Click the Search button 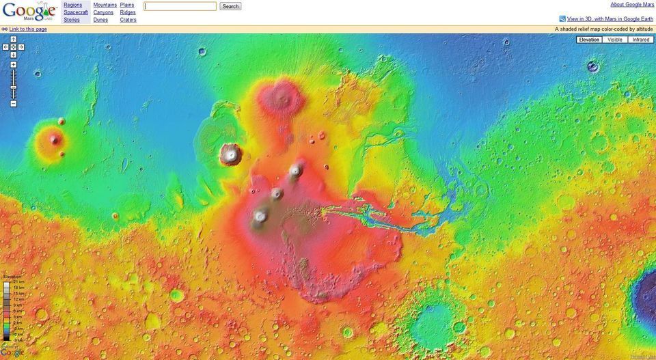[230, 6]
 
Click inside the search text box [180, 6]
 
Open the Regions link [72, 5]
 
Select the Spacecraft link [75, 12]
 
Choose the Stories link [72, 20]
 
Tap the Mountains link [105, 5]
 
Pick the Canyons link [103, 12]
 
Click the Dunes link [100, 20]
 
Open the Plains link [127, 5]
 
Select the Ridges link [128, 12]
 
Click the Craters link [128, 20]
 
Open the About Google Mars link [632, 5]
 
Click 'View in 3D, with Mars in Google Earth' [610, 19]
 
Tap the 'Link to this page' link [28, 29]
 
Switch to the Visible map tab [615, 40]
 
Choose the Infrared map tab [640, 40]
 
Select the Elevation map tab [589, 40]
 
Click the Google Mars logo [29, 11]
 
